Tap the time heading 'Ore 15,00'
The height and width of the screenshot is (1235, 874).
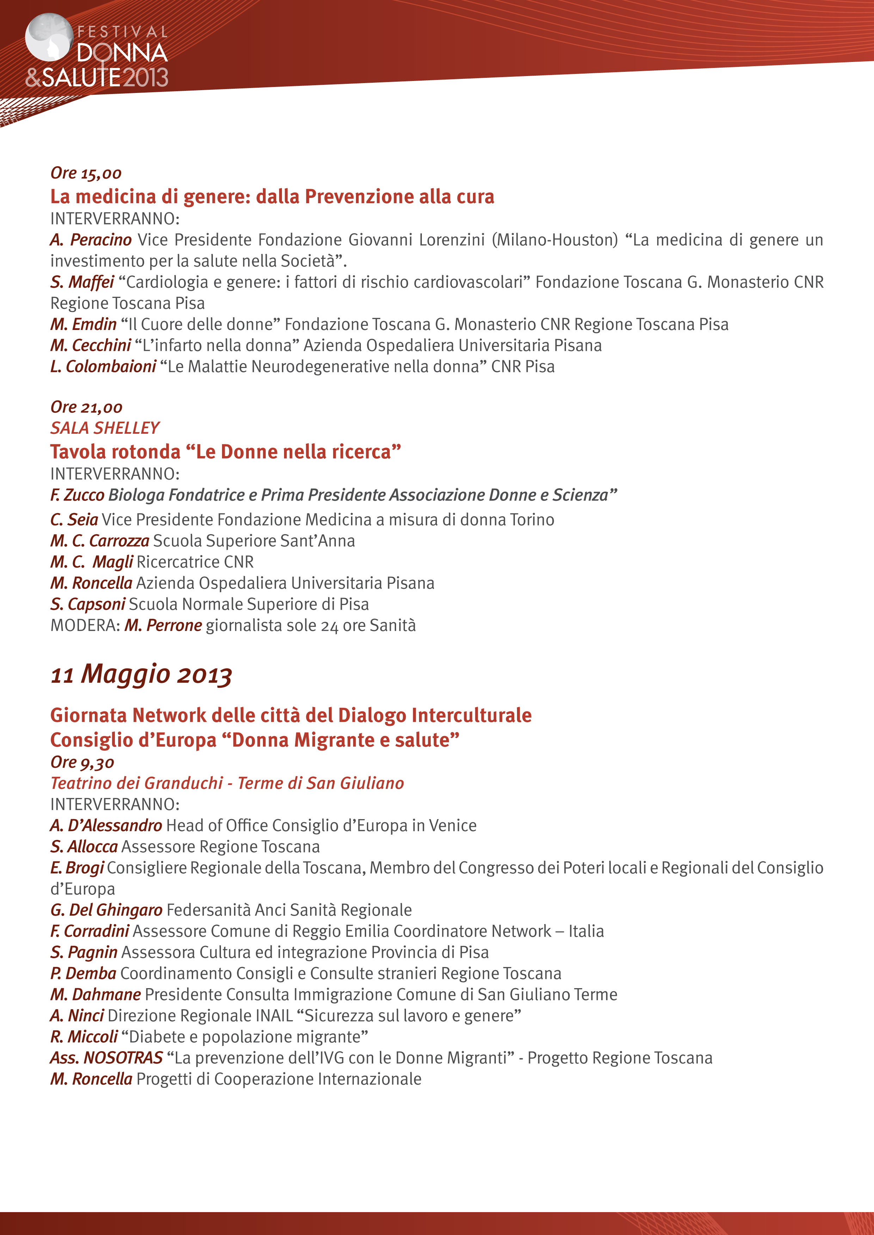[86, 173]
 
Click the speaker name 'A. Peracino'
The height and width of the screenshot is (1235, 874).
[91, 240]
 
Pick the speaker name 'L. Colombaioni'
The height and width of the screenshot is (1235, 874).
[103, 366]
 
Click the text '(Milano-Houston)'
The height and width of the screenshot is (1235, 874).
[554, 240]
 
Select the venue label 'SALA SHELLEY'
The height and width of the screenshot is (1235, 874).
[105, 428]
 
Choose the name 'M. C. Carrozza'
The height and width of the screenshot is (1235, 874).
[100, 541]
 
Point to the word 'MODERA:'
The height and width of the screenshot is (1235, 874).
[85, 625]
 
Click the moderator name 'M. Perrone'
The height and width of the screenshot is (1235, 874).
[164, 625]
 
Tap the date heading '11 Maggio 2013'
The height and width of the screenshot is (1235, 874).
[141, 674]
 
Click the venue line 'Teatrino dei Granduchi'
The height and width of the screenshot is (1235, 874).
[137, 783]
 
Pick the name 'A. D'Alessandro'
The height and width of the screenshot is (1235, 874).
[106, 826]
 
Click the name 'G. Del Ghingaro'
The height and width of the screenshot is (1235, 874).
[106, 910]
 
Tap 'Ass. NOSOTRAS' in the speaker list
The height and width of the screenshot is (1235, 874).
[106, 1058]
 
